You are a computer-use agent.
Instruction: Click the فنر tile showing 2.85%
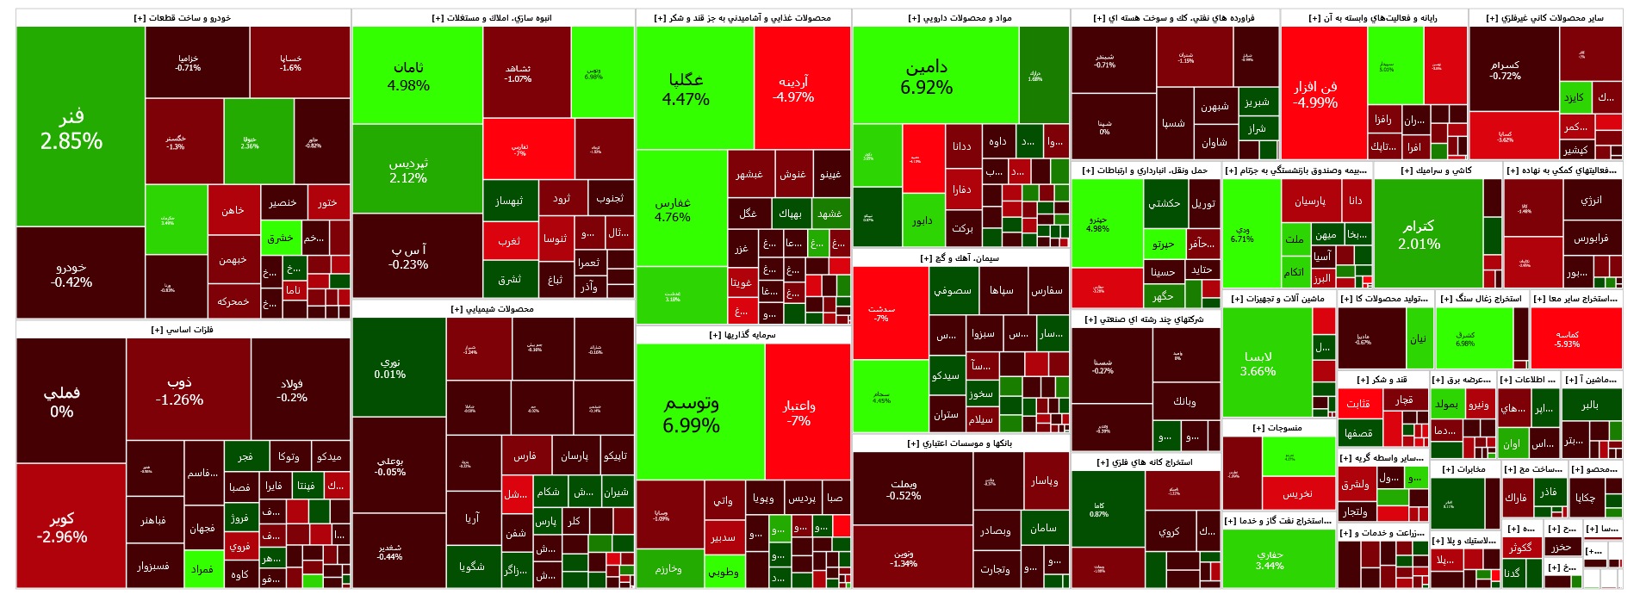[71, 129]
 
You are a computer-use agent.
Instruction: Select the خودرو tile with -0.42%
[71, 274]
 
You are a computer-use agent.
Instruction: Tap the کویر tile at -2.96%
[62, 527]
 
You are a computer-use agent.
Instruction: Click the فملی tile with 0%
[62, 402]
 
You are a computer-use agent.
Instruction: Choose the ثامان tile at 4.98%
[408, 76]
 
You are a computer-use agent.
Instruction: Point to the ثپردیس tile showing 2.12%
[408, 170]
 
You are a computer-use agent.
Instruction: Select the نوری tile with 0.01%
[390, 369]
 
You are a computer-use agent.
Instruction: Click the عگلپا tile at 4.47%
[686, 89]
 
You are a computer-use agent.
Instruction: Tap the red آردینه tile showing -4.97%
[793, 89]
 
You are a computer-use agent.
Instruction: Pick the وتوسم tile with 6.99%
[691, 413]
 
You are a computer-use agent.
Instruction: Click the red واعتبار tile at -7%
[799, 412]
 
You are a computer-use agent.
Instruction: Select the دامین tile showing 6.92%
[927, 77]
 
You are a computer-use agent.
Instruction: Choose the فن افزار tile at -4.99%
[1315, 94]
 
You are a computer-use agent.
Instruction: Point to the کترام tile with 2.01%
[1419, 234]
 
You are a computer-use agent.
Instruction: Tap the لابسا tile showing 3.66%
[1258, 363]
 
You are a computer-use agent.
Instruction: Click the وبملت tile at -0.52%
[904, 490]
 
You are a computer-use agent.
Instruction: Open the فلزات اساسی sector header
[182, 329]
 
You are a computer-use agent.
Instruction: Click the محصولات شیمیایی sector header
[492, 308]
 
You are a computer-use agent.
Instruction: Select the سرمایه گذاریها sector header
[742, 334]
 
